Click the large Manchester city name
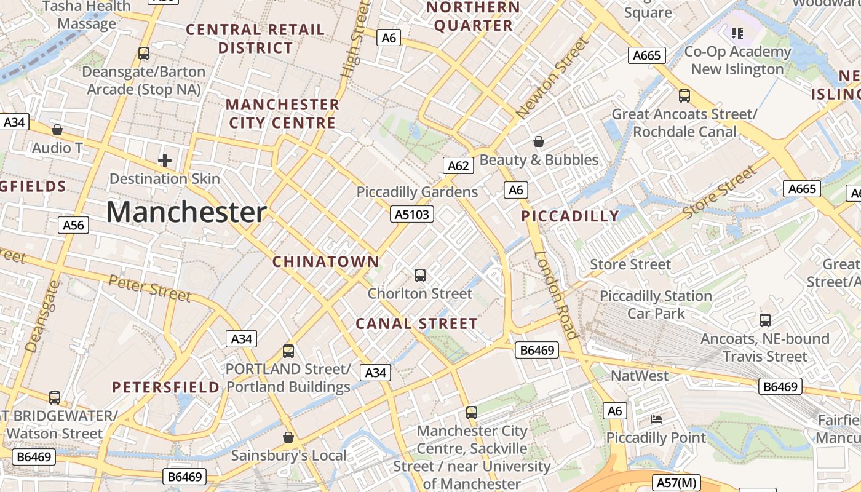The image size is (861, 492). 186,212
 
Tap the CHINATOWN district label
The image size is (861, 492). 326,261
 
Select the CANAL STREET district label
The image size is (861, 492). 416,323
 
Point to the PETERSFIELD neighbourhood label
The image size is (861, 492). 165,387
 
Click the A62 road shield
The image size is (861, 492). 458,165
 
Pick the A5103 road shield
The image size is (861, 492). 412,214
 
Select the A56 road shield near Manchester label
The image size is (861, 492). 73,225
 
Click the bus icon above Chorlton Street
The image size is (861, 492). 420,275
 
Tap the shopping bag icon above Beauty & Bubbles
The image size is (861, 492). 539,141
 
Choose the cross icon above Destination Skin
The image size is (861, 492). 164,161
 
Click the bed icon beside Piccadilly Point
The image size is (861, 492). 656,419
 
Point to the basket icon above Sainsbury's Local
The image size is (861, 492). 288,437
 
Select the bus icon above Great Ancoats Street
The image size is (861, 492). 684,96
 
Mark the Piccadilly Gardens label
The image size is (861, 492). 417,192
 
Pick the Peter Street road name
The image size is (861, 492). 150,288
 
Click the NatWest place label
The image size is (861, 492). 639,375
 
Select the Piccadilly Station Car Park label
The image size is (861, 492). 656,304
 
